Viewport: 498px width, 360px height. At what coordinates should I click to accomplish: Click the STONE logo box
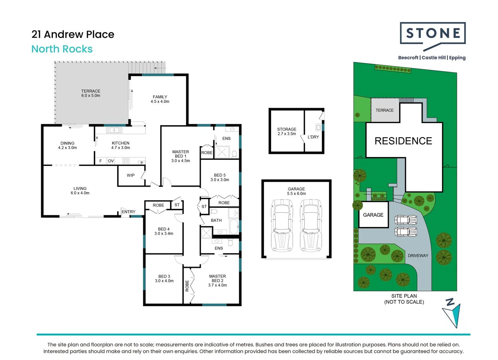(432, 33)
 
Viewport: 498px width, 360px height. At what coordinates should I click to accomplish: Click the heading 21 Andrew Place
(73, 34)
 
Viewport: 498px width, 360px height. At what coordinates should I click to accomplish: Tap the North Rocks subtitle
(62, 49)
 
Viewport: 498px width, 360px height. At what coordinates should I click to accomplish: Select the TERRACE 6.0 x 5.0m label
(91, 93)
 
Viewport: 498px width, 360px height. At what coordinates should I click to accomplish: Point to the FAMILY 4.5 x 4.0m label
(160, 99)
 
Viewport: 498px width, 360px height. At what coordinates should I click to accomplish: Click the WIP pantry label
(131, 175)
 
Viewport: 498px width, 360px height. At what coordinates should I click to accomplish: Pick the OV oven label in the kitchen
(111, 161)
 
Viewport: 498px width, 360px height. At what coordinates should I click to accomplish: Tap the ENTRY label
(129, 212)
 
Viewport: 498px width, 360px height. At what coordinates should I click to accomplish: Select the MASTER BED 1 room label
(181, 156)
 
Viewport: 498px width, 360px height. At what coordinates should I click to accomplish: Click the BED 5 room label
(220, 177)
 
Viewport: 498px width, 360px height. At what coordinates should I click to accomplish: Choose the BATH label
(216, 220)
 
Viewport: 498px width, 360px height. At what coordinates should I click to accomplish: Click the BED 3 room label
(164, 279)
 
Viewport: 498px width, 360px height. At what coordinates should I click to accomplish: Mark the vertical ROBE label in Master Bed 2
(187, 286)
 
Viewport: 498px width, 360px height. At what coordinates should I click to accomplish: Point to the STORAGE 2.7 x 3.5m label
(286, 131)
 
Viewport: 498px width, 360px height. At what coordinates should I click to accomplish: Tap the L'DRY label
(313, 137)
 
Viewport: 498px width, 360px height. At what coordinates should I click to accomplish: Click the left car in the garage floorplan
(282, 225)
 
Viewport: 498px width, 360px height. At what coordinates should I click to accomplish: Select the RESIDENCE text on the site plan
(403, 141)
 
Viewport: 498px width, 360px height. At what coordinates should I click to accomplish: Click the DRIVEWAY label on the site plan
(418, 256)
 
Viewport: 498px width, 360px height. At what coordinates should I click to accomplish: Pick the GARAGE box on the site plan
(373, 215)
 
